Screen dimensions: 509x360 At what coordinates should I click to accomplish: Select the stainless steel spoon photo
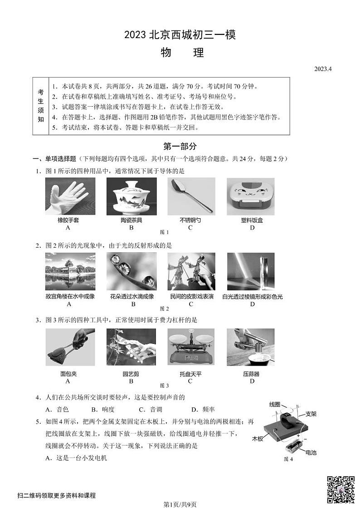click(191, 196)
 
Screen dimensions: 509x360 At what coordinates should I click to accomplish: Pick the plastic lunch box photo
click(250, 196)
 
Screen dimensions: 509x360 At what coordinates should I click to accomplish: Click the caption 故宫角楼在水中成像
click(70, 297)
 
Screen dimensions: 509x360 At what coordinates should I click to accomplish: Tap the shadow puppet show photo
click(191, 272)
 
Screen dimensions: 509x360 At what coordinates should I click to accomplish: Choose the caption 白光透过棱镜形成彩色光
click(253, 297)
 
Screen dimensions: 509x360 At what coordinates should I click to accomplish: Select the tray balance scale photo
click(191, 347)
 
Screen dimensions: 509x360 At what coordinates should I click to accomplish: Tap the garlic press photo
click(250, 347)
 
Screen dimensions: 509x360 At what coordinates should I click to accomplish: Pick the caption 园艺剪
click(131, 374)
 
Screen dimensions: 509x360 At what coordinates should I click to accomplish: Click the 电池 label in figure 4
click(311, 452)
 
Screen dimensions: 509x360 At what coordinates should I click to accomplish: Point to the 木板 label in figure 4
click(258, 439)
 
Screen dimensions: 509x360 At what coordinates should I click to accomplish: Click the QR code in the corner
click(341, 489)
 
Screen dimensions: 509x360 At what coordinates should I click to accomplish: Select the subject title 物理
click(182, 53)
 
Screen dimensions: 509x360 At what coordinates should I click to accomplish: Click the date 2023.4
click(323, 69)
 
